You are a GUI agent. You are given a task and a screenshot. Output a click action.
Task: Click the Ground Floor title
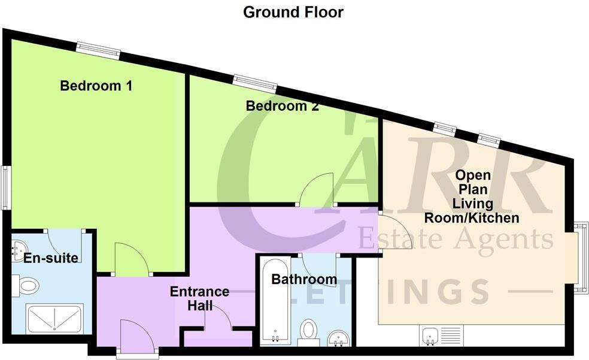tap(293, 12)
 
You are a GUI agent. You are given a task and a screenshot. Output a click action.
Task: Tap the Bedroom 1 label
tap(96, 86)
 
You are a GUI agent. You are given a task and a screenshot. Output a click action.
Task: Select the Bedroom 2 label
tap(282, 107)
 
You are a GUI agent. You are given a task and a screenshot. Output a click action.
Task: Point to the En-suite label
tap(51, 258)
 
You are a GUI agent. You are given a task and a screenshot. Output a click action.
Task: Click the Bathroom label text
tap(303, 279)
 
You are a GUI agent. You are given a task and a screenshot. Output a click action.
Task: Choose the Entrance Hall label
tap(199, 298)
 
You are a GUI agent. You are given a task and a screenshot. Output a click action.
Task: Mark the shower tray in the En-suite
tap(54, 318)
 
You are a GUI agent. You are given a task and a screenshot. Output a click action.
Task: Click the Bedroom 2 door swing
tap(317, 189)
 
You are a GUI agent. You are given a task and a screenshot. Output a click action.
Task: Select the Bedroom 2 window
tap(255, 81)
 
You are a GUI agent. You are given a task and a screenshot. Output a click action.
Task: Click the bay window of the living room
tap(579, 258)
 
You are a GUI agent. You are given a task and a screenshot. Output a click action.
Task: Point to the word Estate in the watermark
tap(398, 239)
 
